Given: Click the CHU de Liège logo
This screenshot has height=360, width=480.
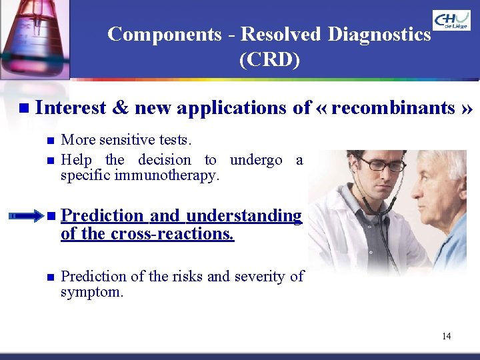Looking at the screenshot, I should coord(451,20).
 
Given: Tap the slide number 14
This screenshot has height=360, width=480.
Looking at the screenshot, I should coord(446,336).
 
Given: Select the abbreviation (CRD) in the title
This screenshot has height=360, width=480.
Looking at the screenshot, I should coord(269,59).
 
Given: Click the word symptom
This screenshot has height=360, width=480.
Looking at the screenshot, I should coord(91,293).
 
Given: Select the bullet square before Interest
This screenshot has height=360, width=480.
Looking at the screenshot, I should coord(25,108).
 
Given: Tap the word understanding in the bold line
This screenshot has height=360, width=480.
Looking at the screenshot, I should coord(244,216).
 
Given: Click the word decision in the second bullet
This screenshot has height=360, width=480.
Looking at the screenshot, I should coord(164,160).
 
